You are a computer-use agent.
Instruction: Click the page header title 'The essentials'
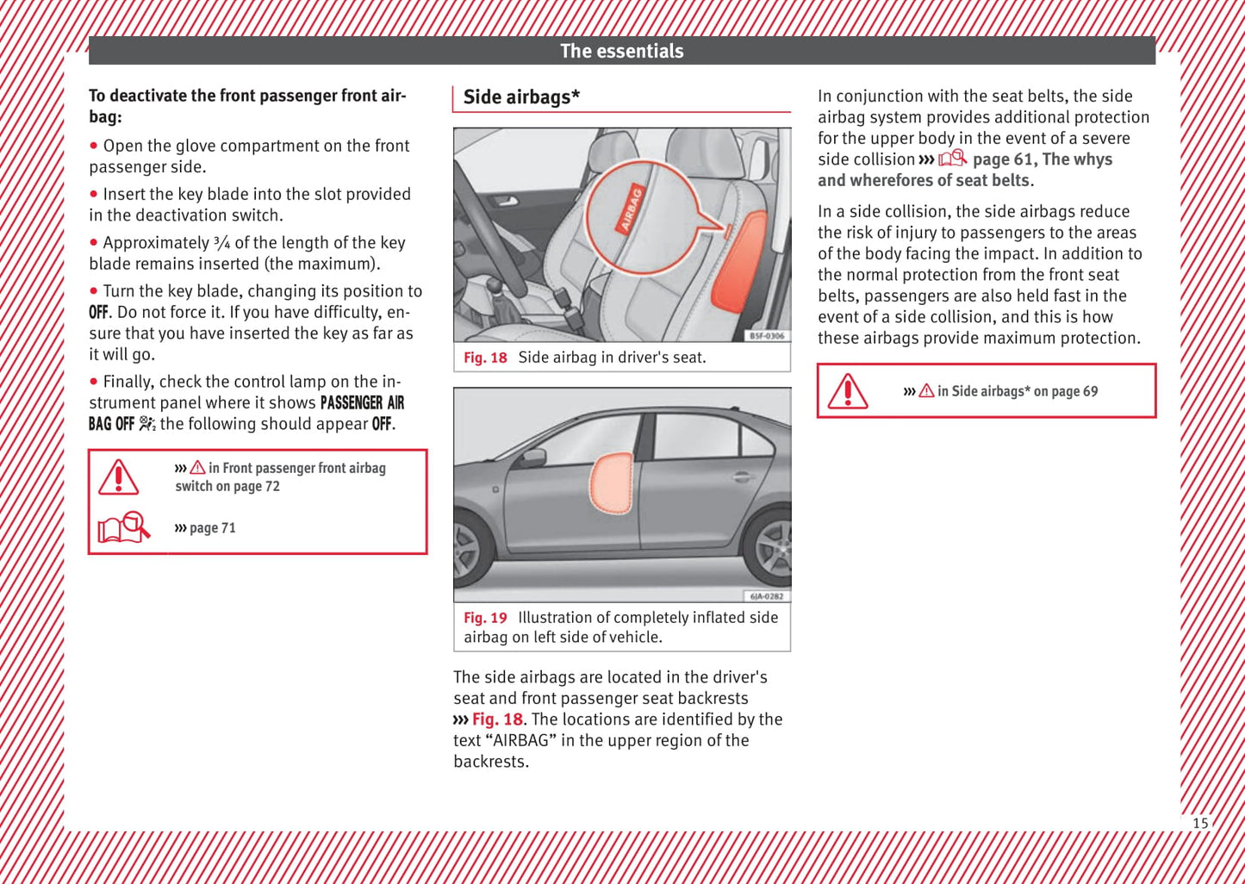[x=621, y=51]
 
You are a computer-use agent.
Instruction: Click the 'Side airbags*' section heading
[x=521, y=97]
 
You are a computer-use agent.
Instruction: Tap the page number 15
[x=1200, y=823]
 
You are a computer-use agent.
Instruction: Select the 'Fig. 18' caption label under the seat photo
[x=485, y=358]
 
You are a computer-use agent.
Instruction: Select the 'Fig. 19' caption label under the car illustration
[x=485, y=618]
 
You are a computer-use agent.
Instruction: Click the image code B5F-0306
[x=767, y=336]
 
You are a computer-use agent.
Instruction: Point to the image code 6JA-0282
[x=767, y=596]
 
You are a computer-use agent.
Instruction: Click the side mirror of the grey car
[x=533, y=458]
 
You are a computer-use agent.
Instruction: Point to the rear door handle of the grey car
[x=742, y=476]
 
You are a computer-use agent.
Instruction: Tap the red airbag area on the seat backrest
[x=742, y=263]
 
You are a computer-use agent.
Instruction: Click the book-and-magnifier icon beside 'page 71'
[x=123, y=526]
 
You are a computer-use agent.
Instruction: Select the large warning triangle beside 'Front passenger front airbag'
[x=119, y=477]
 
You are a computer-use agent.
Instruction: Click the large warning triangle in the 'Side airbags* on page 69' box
[x=848, y=391]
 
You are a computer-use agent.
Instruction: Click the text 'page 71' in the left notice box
[x=212, y=528]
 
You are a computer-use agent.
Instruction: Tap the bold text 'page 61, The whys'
[x=1042, y=159]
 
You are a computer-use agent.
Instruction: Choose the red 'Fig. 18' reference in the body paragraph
[x=497, y=719]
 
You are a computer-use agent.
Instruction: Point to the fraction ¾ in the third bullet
[x=221, y=243]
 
